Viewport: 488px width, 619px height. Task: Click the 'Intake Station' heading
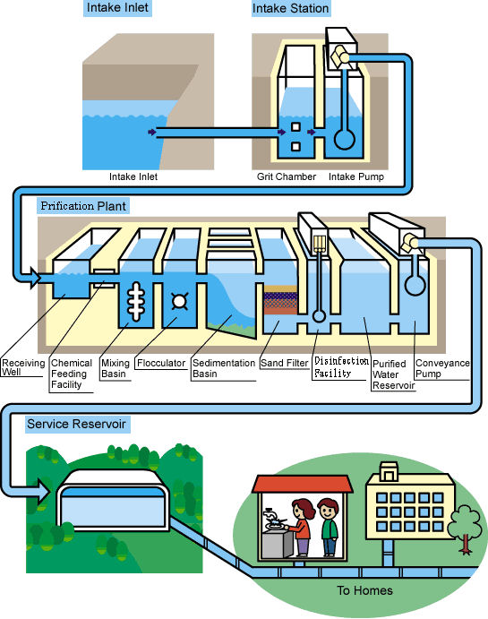[291, 8]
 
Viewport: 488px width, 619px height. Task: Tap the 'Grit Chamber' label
[287, 176]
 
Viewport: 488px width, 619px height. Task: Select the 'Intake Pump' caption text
[356, 176]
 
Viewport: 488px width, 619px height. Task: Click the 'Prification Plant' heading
[83, 206]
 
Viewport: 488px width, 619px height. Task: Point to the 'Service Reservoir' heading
[76, 424]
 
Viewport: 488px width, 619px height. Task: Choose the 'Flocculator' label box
[161, 363]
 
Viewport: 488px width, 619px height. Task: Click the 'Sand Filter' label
[285, 363]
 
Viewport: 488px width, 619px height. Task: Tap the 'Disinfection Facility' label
[341, 366]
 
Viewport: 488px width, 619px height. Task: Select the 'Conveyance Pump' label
[442, 368]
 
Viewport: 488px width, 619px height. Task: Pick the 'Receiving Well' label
[23, 367]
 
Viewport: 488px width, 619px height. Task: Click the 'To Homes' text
[365, 590]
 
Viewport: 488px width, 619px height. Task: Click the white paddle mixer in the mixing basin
[136, 301]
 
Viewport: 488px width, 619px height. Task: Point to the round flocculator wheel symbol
[179, 301]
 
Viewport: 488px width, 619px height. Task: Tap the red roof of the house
[302, 484]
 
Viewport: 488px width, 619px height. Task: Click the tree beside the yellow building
[465, 529]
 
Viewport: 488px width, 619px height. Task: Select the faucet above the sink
[270, 515]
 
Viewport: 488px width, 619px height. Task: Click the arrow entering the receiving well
[34, 278]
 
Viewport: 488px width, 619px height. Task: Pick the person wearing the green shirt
[329, 527]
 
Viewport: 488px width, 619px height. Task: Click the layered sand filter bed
[280, 300]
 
